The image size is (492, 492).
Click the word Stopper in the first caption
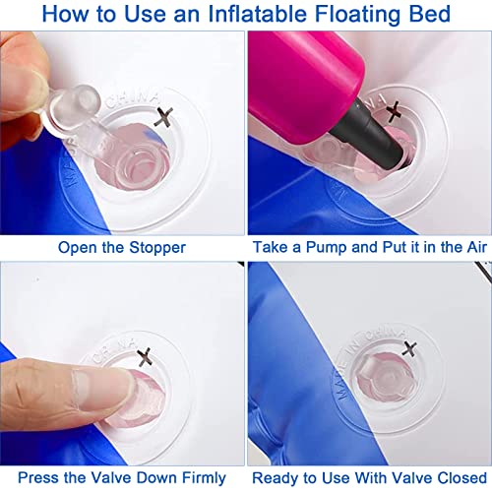point(157,248)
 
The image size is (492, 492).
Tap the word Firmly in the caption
point(204,478)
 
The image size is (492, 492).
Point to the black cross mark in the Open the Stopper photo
point(163,117)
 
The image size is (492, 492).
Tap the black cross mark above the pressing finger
point(145,357)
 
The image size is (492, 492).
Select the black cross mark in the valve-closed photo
point(409,348)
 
